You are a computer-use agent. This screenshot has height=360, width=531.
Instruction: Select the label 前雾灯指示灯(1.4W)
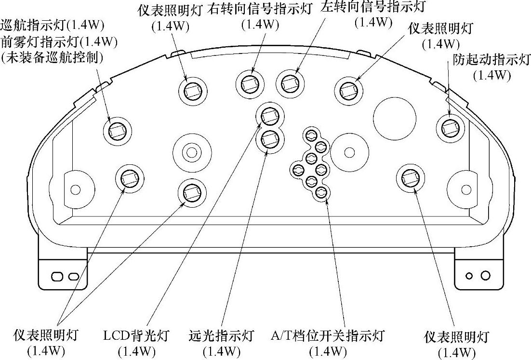(59, 41)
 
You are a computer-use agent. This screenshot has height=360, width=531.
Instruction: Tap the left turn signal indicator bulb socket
(290, 84)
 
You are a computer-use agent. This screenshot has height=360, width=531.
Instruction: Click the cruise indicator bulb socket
(117, 129)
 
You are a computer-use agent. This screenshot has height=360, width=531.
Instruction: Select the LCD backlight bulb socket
(269, 116)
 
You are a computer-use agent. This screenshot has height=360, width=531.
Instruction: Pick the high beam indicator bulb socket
(269, 140)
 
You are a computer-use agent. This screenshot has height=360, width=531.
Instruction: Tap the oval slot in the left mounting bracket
(58, 277)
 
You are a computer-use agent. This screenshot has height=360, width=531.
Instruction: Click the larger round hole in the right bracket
(485, 276)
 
